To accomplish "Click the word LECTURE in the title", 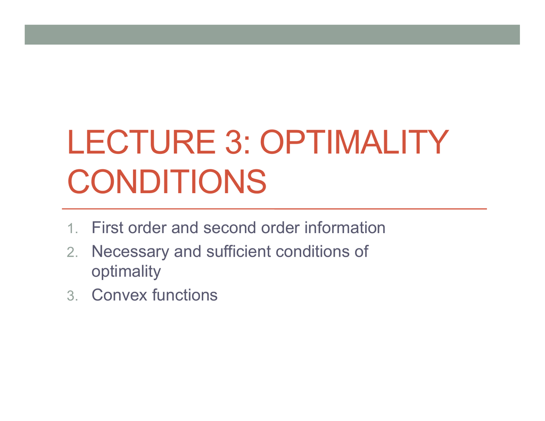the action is [x=141, y=142].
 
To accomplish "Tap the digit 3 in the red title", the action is [x=234, y=142].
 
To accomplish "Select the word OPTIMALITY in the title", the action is [x=354, y=142].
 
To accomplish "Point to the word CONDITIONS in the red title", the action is [x=167, y=181].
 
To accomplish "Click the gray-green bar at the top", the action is [x=272, y=35].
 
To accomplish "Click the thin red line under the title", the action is [x=274, y=209].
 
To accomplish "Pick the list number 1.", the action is [x=72, y=229].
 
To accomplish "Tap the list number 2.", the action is [x=72, y=252].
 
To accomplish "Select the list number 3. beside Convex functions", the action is [x=72, y=296].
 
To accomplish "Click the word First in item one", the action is [x=107, y=228].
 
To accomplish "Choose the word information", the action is [x=345, y=228].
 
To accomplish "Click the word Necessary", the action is [x=130, y=251].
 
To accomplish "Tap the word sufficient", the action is [x=238, y=251].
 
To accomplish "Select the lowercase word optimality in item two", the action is [x=126, y=271].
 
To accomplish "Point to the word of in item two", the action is [x=361, y=251].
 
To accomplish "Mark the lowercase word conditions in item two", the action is [x=312, y=251].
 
